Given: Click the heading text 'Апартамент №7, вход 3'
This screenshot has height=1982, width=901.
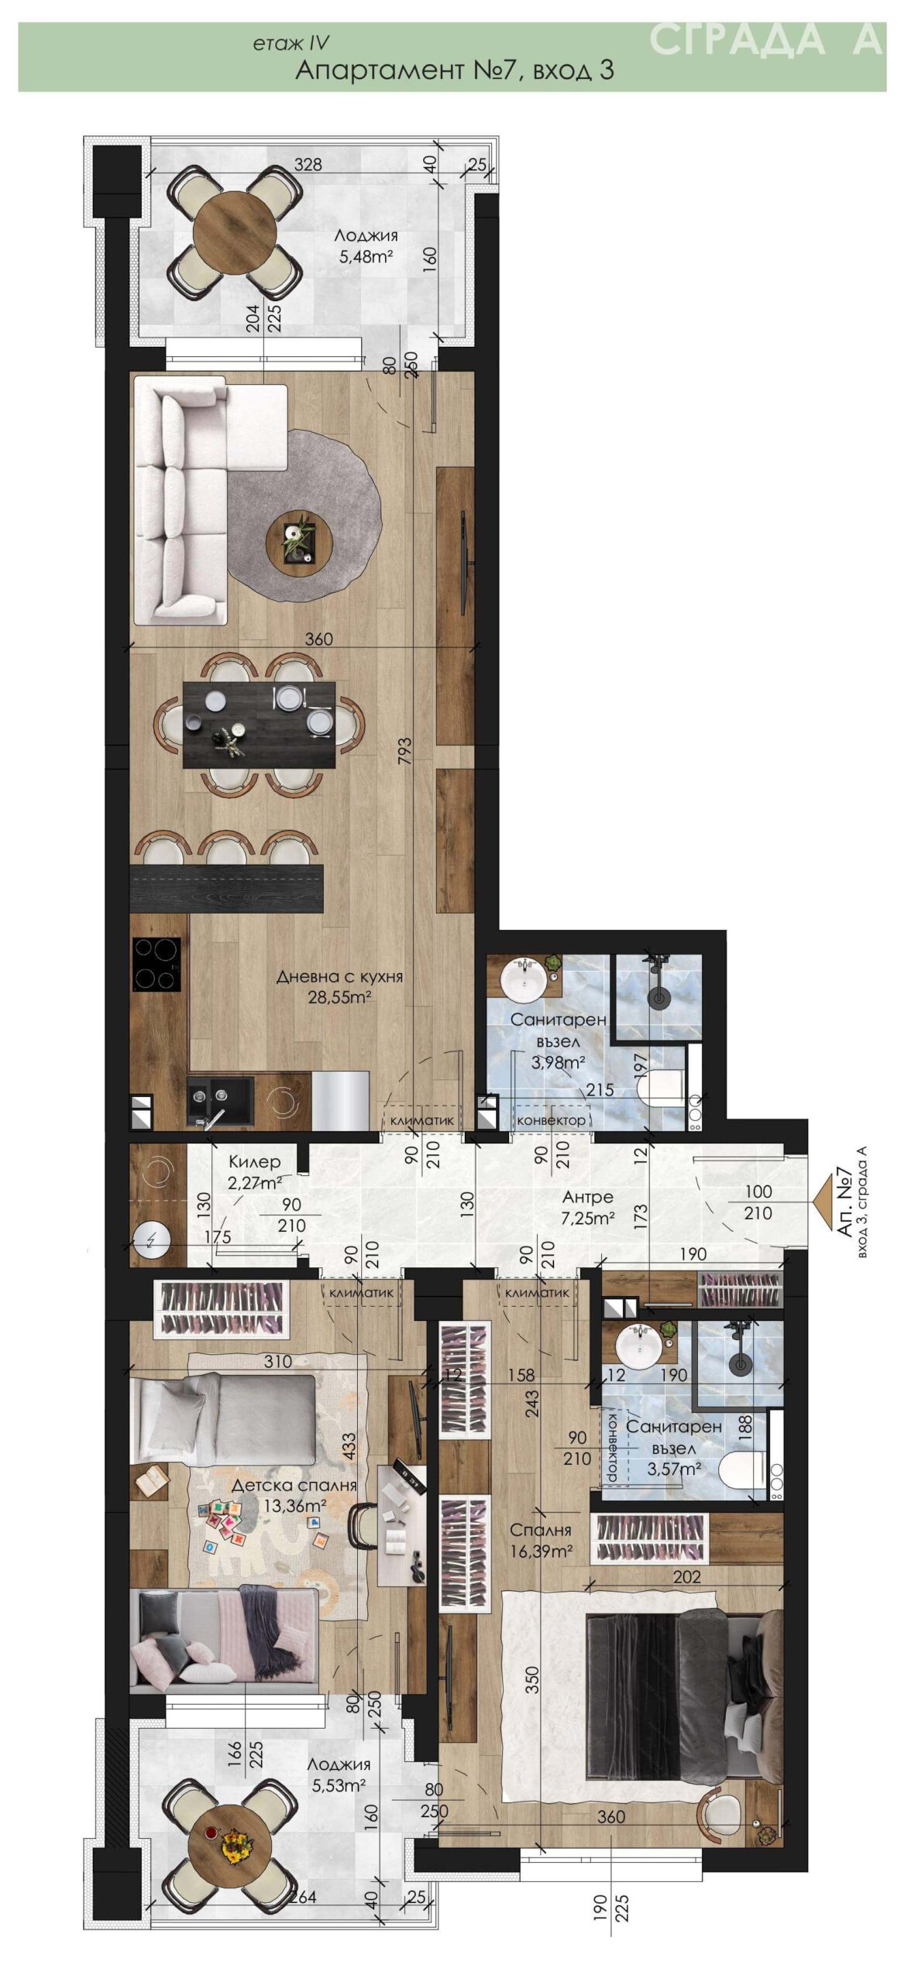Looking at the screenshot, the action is pos(455,70).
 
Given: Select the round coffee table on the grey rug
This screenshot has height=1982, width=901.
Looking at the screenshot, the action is pos(299,541).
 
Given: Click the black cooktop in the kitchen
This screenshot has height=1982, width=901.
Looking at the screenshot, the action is pos(157,964).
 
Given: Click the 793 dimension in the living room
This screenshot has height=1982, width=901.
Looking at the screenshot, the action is pos(404,752).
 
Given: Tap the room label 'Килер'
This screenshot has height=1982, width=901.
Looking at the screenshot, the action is pos(254,1163).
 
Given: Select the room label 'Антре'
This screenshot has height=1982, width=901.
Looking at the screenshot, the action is pos(587,1197).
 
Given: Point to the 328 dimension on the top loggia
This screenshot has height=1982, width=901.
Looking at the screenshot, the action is pos(308,164).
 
